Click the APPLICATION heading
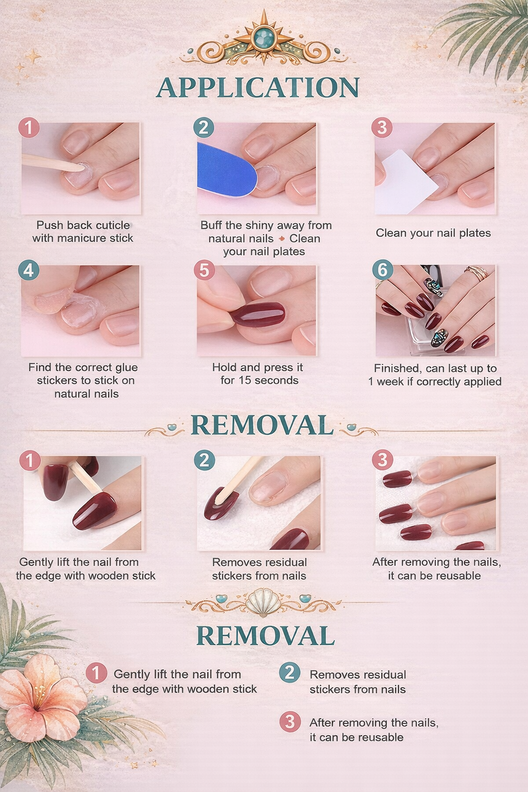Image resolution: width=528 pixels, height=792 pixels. pos(258,88)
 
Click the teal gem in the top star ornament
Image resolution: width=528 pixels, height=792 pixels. pos(264,38)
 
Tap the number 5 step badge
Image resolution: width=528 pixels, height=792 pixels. pos(204,270)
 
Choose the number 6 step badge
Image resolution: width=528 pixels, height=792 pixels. pos(383,270)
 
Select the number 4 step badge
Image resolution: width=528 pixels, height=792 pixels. pos(28,270)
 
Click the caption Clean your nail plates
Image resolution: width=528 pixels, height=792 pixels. pos(433,233)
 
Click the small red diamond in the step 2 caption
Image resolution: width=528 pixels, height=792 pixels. pos(282,239)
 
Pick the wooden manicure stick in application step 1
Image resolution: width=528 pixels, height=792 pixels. pos(49,162)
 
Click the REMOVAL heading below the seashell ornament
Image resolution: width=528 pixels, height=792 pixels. pos(266,636)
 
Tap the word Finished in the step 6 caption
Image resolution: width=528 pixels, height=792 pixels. pos(397,368)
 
